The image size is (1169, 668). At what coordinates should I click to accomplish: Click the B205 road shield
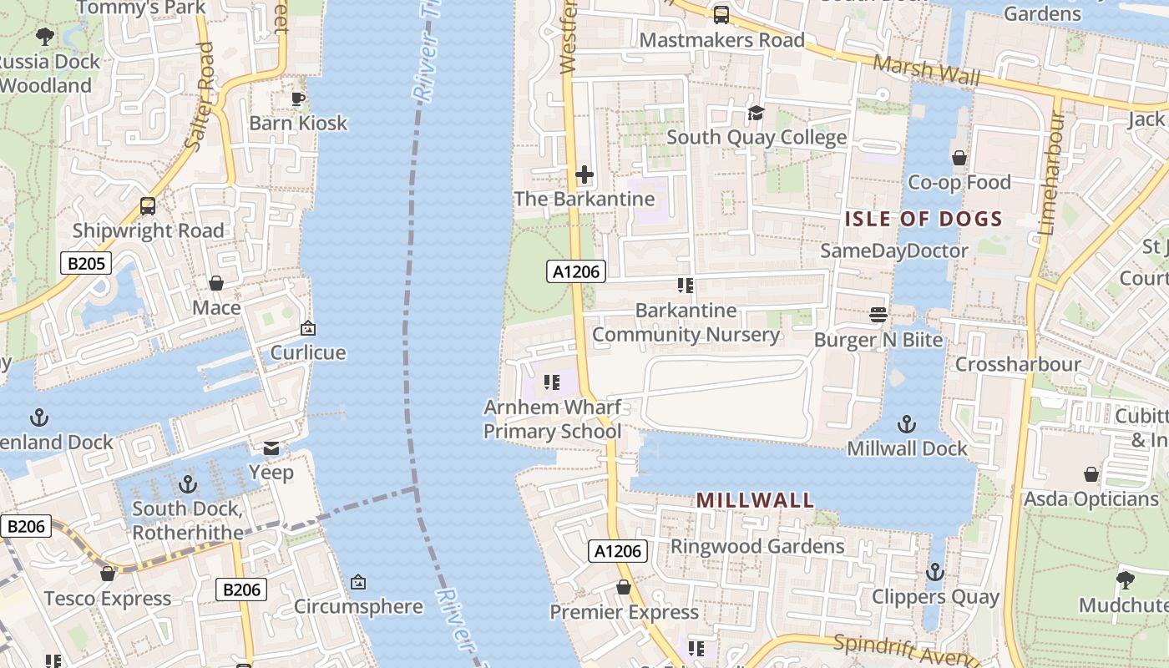point(86,264)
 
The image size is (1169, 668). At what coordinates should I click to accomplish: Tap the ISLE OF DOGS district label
point(924,219)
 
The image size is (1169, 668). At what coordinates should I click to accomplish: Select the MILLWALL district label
point(755,500)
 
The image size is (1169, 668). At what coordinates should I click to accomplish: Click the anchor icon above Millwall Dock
point(907,424)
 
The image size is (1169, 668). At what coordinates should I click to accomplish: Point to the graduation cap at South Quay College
point(756,113)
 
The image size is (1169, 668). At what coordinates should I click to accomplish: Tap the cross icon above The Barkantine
point(584,175)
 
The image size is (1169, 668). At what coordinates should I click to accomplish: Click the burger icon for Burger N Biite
point(878,315)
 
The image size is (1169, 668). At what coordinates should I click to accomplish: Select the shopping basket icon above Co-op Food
point(959,158)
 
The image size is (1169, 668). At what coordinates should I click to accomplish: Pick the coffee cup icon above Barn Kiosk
point(298,99)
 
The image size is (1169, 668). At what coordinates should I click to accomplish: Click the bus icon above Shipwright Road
point(148,205)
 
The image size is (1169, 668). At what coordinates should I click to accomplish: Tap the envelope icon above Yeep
point(271,448)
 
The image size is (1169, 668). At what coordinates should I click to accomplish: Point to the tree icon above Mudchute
point(1125,579)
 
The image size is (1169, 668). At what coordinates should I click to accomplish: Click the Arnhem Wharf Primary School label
point(553,419)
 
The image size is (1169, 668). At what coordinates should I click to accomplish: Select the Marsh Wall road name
point(927,71)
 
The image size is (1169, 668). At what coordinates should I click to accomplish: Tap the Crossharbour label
point(1017,364)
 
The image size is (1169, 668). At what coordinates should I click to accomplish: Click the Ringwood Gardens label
point(757,546)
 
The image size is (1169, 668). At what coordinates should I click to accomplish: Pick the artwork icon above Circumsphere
point(358,581)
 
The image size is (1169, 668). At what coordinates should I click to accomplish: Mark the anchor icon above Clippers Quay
point(935,572)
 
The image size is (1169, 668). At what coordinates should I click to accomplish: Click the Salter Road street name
point(200,97)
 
